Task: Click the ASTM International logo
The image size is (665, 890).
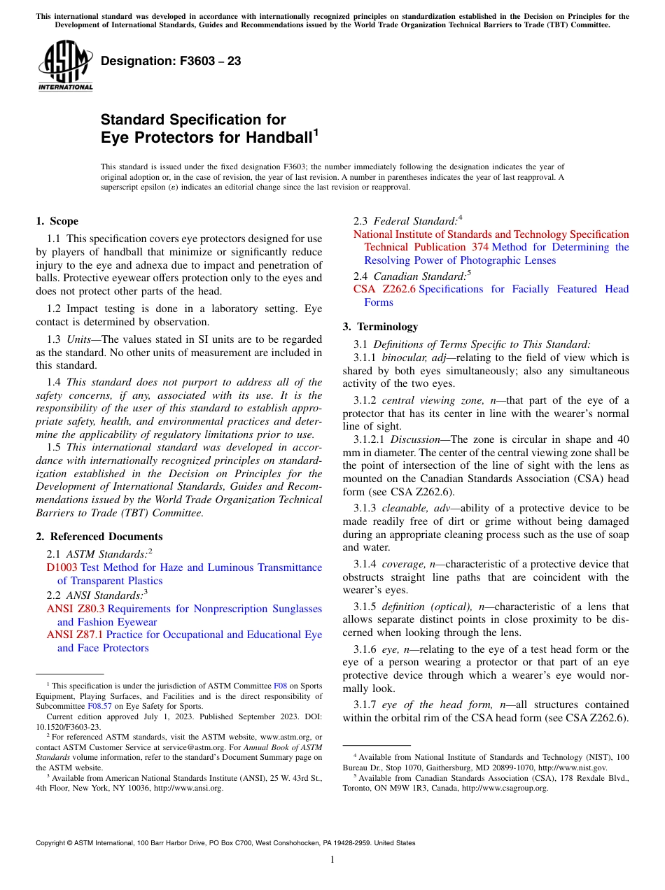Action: click(65, 66)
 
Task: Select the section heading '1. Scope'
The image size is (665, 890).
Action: click(57, 221)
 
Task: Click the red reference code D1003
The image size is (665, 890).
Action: click(62, 567)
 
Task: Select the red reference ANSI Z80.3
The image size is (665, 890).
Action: click(75, 609)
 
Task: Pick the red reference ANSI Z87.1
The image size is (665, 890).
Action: click(75, 635)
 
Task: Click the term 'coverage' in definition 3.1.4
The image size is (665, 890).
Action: click(402, 564)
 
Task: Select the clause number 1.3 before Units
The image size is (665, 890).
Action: click(54, 339)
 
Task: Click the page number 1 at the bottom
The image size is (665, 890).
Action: click(332, 860)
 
